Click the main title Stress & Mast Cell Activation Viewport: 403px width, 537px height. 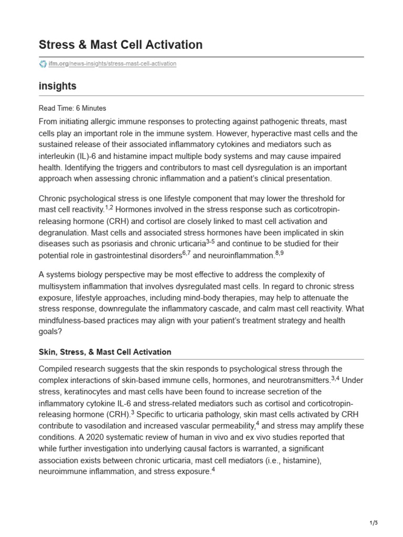pos(121,45)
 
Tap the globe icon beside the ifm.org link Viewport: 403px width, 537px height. pos(43,63)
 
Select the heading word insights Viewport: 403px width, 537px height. pos(58,85)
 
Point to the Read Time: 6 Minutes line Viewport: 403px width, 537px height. pos(72,108)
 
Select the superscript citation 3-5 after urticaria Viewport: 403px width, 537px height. pos(209,241)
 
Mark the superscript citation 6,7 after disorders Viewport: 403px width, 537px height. pos(186,253)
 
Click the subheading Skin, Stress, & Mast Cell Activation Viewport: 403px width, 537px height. pos(105,352)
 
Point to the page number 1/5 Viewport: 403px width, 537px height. pos(373,523)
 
